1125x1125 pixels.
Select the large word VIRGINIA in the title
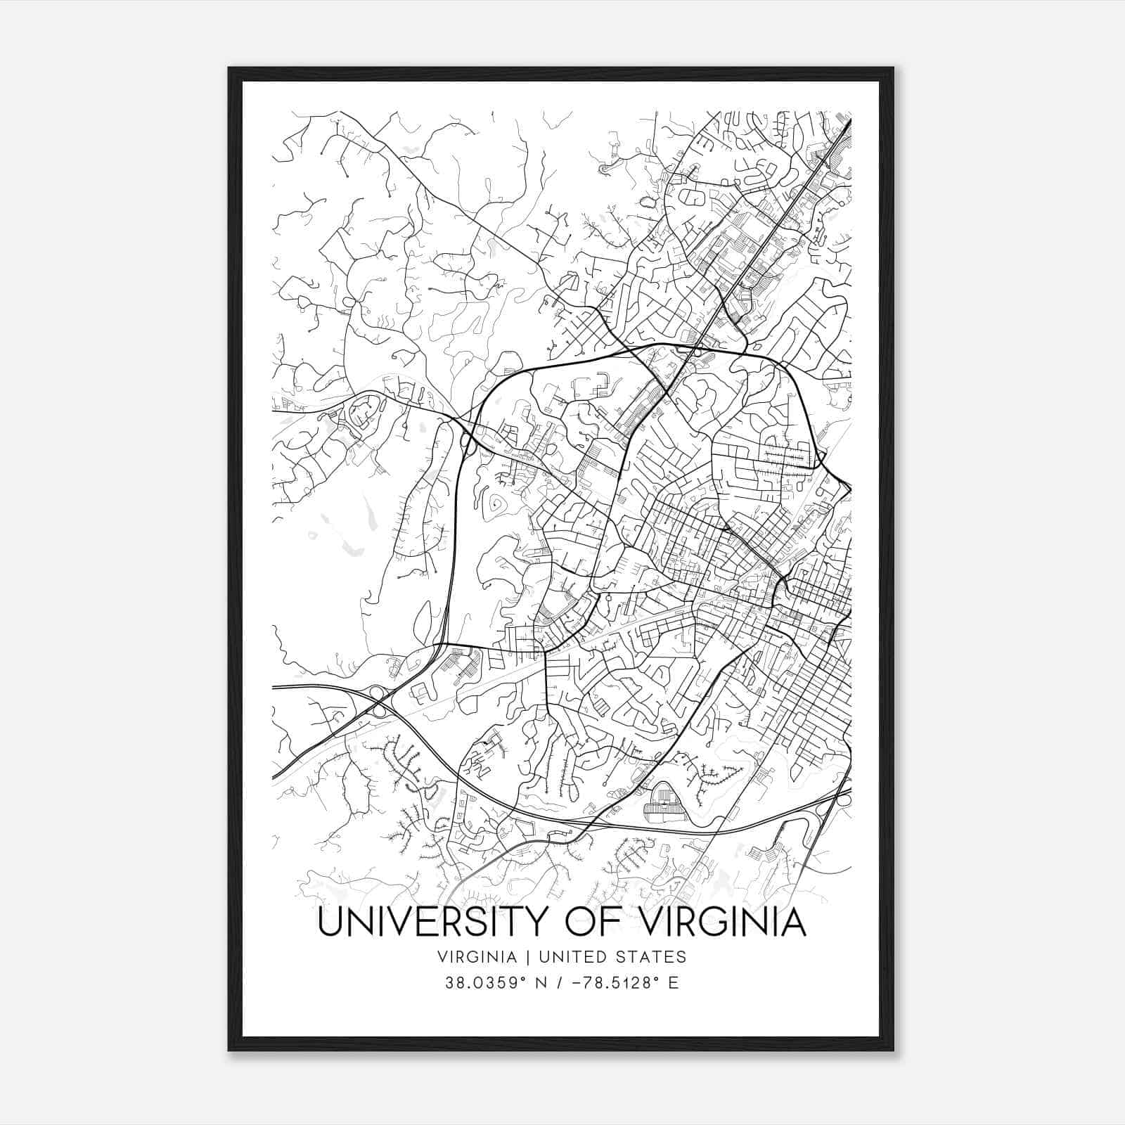tap(724, 922)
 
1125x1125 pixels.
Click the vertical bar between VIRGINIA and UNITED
tap(518, 957)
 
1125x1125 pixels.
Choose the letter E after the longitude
tap(674, 983)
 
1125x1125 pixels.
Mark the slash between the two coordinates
tap(560, 983)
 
